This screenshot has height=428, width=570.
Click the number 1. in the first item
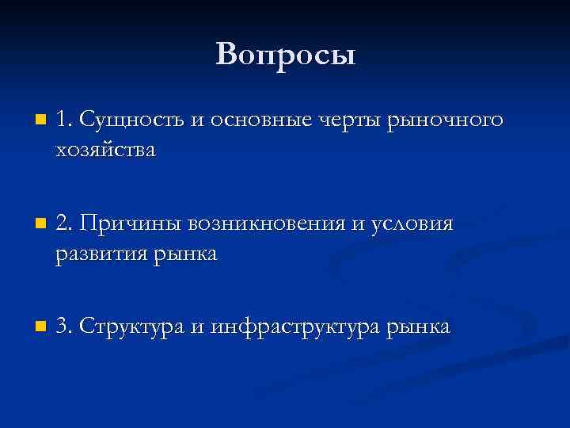click(64, 120)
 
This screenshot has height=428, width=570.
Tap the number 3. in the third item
click(65, 326)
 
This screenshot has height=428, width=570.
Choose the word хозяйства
click(106, 151)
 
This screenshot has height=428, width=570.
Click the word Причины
click(130, 224)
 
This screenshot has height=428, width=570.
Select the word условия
click(412, 224)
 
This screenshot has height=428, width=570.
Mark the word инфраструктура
click(297, 327)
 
